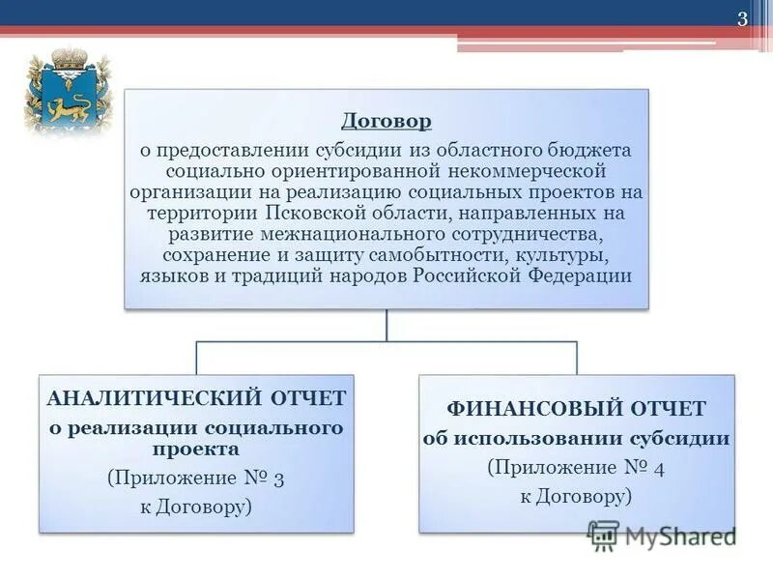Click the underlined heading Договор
coord(386,122)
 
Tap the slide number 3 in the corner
coord(743,19)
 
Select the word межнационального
coord(354,234)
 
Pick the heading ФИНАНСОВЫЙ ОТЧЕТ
coord(575,409)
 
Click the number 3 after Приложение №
coord(279,478)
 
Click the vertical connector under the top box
coord(386,325)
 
